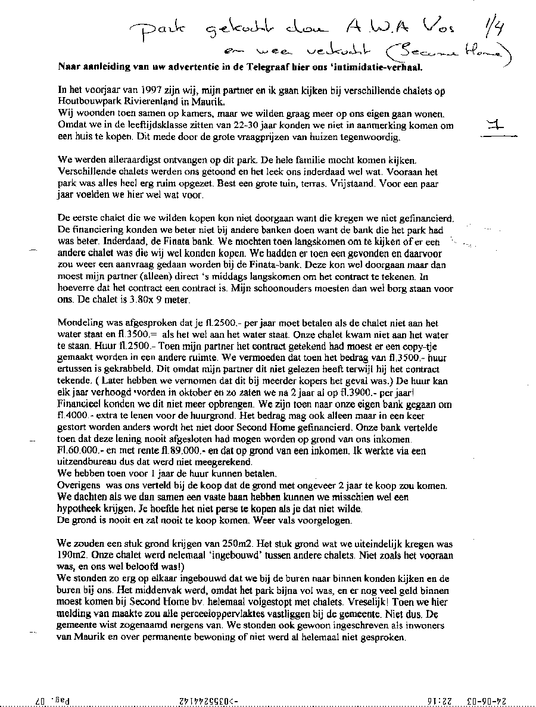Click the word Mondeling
[x=80, y=322]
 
